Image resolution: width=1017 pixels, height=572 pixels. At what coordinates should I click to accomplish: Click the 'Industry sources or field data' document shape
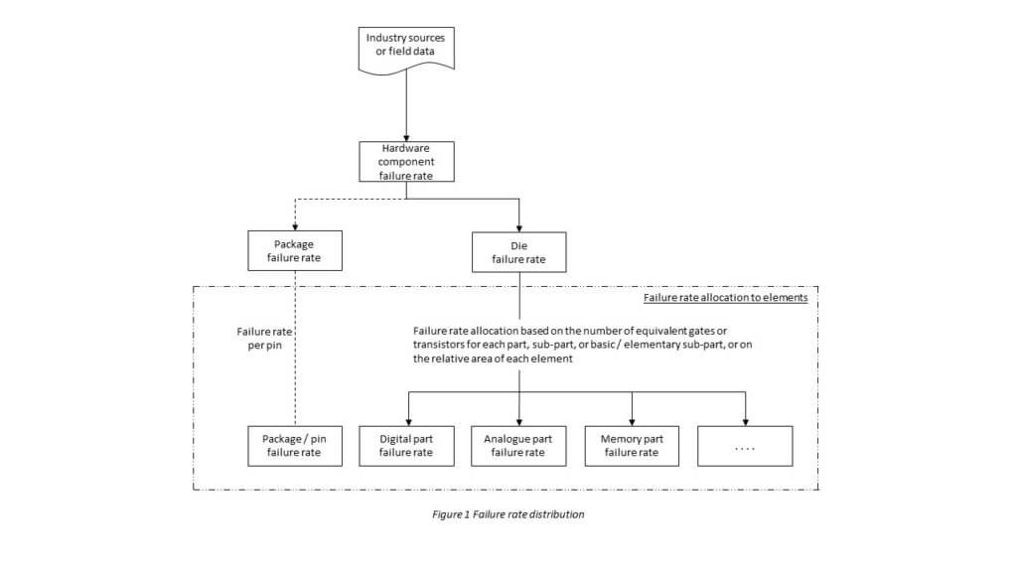[406, 50]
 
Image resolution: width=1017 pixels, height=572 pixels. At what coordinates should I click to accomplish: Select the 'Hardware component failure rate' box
[406, 162]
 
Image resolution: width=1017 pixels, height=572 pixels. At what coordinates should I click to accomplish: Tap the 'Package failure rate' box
[295, 251]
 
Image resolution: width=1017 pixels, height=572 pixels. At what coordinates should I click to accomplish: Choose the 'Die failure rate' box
[518, 252]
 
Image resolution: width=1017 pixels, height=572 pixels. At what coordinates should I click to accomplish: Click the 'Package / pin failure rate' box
[295, 446]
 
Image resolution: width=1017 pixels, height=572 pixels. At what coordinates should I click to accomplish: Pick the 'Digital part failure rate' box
[406, 446]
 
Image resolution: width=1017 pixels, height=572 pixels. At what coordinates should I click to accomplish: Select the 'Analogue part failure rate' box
[518, 446]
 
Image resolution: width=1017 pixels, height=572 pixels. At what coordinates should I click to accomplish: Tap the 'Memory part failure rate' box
[632, 446]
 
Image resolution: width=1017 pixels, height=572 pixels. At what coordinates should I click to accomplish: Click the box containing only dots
[745, 446]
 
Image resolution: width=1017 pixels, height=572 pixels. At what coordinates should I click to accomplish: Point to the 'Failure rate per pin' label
[264, 339]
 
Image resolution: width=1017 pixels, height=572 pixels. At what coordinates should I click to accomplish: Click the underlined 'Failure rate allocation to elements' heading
[726, 298]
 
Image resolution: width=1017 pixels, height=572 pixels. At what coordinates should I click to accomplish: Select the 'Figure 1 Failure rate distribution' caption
[508, 514]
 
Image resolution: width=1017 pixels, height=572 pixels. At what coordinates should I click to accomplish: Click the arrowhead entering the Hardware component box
[406, 137]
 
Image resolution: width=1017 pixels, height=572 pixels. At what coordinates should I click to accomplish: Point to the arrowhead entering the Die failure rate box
[518, 228]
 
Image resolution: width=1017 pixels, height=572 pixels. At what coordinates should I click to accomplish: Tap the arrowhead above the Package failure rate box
[295, 227]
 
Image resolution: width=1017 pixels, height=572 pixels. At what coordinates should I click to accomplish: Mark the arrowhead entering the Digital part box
[408, 422]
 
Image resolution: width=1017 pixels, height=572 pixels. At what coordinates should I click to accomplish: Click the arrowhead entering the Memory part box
[633, 422]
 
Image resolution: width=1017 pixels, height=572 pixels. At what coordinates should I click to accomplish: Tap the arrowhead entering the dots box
[745, 422]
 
